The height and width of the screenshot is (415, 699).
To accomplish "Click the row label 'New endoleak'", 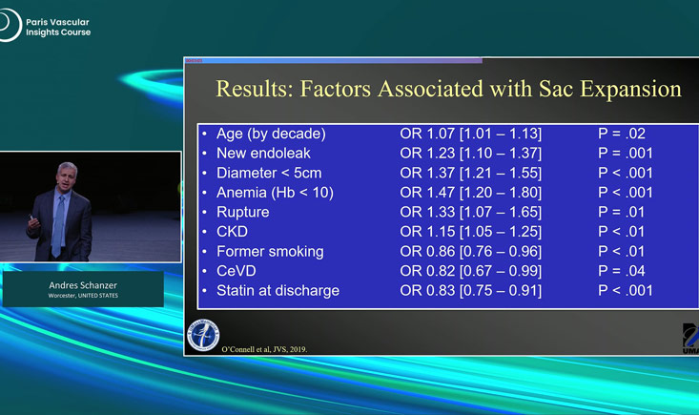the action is pos(263,154).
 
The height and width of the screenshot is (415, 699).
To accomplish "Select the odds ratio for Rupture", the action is pos(471,212).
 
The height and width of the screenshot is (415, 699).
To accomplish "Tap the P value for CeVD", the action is pos(622,271).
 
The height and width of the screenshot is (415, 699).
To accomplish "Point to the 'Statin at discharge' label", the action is pos(278,291).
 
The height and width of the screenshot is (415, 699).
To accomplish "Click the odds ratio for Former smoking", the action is pos(471,252).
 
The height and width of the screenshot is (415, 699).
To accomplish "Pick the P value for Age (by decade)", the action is pos(622,134).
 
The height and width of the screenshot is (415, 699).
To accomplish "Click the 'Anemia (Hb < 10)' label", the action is pos(275,193).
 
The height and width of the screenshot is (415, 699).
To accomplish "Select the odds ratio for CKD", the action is pos(471,232).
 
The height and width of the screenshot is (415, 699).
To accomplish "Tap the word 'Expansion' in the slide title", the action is pos(630,89).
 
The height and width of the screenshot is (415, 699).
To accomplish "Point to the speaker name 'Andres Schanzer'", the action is pos(83,285).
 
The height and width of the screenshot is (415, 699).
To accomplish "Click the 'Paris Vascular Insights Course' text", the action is pos(58,28).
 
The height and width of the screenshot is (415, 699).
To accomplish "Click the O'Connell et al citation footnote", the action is pos(264,349).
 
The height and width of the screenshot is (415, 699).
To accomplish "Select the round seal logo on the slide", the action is pos(203,335).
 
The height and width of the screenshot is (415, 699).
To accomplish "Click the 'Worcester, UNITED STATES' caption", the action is pos(83,296).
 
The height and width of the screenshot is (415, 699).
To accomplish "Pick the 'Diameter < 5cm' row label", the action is pos(269,173).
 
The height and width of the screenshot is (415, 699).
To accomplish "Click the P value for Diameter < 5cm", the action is pos(625,173).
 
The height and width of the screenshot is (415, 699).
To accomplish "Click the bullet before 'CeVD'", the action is pos(204,271).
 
